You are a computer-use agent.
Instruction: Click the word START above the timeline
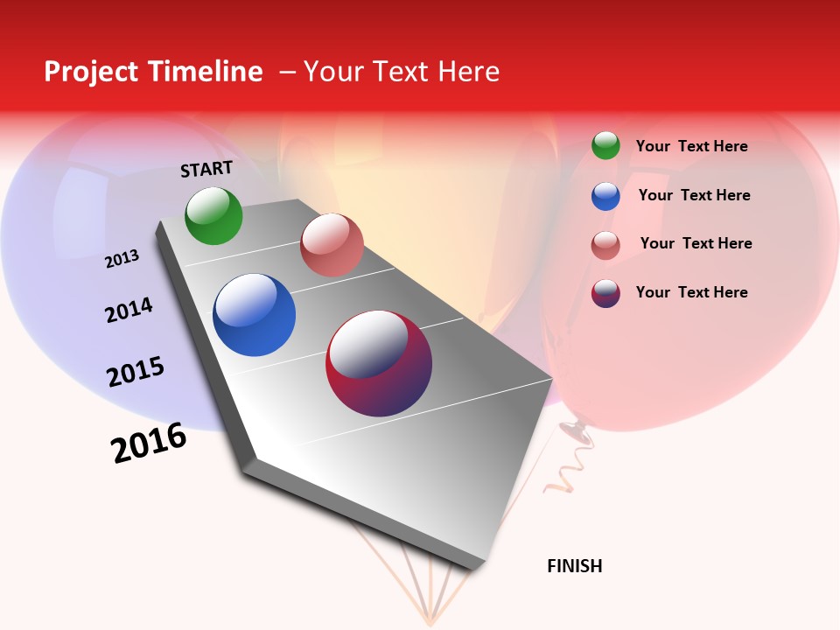(206, 169)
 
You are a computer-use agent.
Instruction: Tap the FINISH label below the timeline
(574, 566)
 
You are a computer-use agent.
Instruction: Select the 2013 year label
(122, 259)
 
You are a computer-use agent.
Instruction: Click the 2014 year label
(129, 310)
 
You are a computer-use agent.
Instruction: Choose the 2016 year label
(149, 443)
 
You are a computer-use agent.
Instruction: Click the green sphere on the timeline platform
(213, 216)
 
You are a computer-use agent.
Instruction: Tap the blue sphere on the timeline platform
(254, 315)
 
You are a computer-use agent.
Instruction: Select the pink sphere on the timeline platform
(332, 245)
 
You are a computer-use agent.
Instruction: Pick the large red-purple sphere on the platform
(379, 363)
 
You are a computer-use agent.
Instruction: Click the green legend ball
(605, 146)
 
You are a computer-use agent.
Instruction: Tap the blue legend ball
(605, 196)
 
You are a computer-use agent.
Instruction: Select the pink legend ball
(605, 245)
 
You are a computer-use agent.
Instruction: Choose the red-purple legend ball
(605, 293)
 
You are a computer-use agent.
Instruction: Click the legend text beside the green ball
(691, 146)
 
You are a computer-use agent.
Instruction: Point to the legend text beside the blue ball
(694, 195)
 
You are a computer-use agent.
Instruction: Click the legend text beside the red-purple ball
(691, 292)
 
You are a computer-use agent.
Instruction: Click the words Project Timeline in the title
(153, 72)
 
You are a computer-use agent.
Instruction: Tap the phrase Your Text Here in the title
(402, 72)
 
